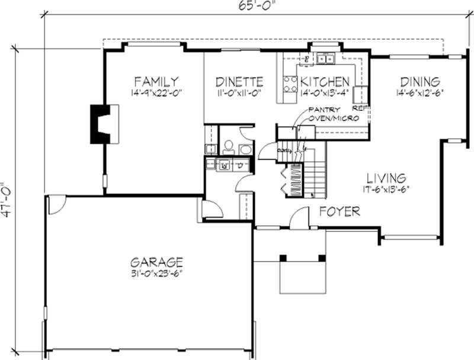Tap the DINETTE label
(x=239, y=81)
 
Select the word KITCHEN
(x=324, y=81)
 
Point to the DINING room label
(x=419, y=81)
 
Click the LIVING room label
(x=386, y=177)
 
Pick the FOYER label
(x=340, y=211)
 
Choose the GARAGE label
(x=156, y=261)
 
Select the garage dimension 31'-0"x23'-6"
(x=156, y=273)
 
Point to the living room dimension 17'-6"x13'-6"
(x=386, y=189)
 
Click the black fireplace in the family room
(x=98, y=123)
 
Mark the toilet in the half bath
(x=229, y=146)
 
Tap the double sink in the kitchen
(x=325, y=58)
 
